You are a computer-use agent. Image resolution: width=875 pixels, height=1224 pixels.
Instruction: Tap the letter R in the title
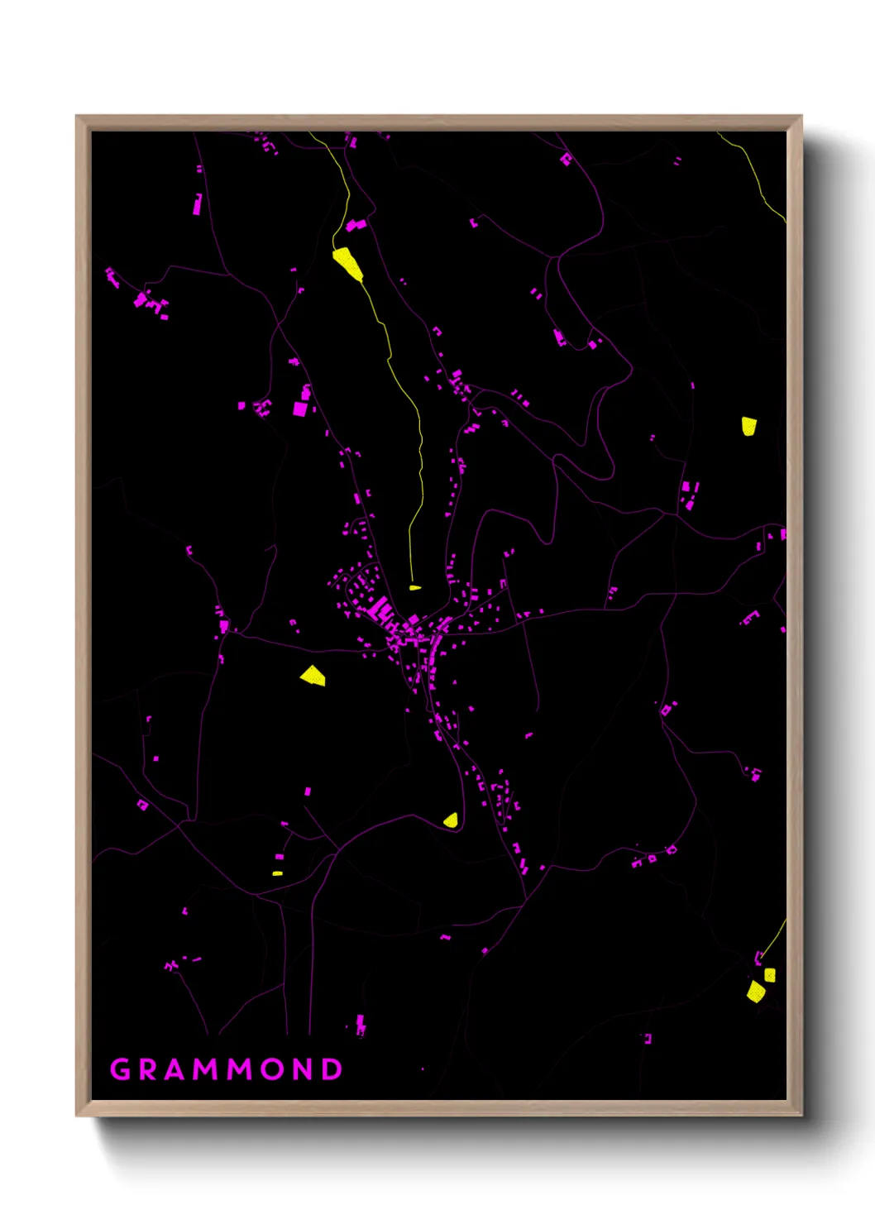[x=150, y=1069]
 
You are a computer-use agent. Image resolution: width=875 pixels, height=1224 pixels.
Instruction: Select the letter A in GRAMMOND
[x=178, y=1069]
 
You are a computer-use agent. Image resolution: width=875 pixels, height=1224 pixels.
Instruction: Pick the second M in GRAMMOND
[x=242, y=1069]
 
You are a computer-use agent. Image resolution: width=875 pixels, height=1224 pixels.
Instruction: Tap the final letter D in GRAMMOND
[x=332, y=1069]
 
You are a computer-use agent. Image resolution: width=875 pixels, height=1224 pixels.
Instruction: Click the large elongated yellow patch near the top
[x=347, y=264]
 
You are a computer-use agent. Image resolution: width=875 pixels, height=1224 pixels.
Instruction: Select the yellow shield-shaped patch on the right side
[x=748, y=426]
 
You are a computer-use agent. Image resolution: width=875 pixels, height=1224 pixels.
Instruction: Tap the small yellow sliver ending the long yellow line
[x=414, y=588]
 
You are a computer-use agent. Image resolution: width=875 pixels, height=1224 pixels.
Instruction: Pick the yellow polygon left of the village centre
[x=313, y=676]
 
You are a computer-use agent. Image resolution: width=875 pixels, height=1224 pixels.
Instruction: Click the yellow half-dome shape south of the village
[x=451, y=820]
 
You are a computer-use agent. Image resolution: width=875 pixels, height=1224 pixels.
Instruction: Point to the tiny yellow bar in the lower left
[x=278, y=873]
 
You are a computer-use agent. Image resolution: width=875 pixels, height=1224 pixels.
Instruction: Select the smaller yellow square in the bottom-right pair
[x=770, y=975]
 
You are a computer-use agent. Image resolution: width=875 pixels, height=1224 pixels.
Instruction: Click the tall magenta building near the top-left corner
[x=197, y=203]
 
